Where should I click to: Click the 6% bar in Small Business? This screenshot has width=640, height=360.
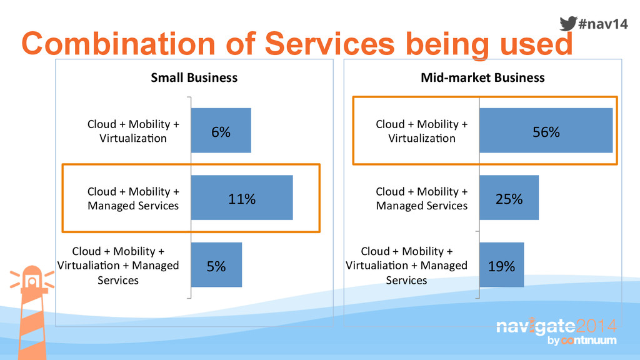click(x=221, y=130)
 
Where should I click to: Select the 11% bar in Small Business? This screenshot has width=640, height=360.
click(x=241, y=197)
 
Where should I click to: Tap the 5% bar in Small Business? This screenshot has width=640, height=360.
click(x=216, y=265)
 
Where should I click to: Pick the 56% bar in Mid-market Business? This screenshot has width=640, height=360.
click(x=546, y=130)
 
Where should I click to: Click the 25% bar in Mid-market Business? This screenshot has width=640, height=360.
click(x=509, y=197)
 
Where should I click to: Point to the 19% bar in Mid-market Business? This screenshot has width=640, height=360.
click(x=501, y=265)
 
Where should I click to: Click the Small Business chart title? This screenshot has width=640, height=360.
click(x=194, y=77)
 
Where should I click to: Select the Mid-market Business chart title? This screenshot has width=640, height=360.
click(x=482, y=77)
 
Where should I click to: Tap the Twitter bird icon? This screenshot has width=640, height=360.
click(x=567, y=23)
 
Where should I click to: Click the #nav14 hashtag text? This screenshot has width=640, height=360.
click(x=602, y=24)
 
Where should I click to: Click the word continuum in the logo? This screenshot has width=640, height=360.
click(x=589, y=341)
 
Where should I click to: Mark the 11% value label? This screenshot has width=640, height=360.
click(x=241, y=199)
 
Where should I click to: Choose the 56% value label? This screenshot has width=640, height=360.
click(x=546, y=132)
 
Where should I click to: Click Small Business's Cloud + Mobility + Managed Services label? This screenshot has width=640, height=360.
click(x=133, y=198)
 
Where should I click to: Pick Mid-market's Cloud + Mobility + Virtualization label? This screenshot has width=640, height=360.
click(x=421, y=131)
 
